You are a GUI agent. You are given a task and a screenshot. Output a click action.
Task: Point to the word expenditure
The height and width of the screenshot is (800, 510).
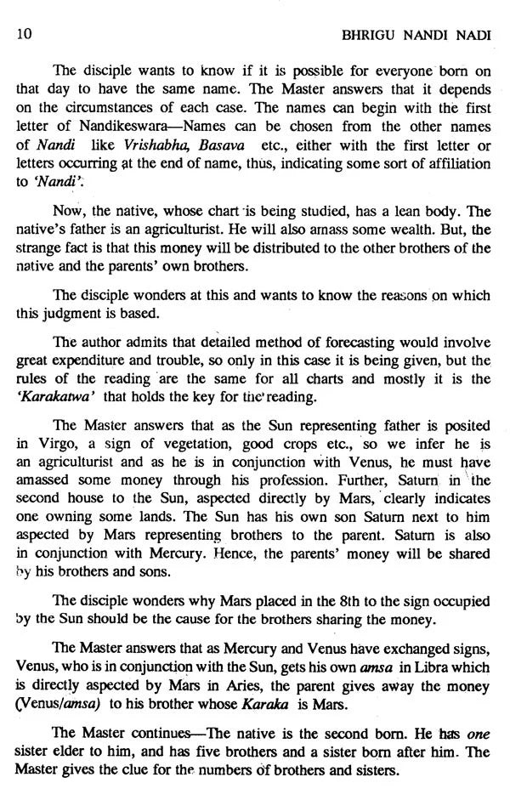coord(95,361)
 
